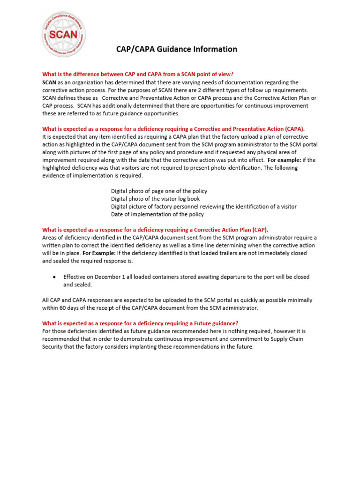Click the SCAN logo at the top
point(64,34)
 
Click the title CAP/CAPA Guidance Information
point(177,49)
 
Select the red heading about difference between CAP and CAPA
point(138,74)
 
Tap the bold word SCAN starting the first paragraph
point(49,82)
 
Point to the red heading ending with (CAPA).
point(173,128)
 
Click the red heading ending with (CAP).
point(155,230)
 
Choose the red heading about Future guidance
point(140,323)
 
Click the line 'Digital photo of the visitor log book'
point(155,199)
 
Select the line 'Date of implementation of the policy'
point(157,214)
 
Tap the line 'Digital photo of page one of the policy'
point(159,191)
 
